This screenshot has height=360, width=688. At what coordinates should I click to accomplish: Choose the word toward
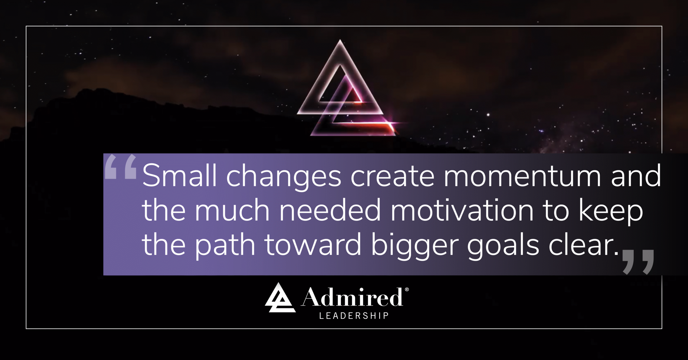coord(313,245)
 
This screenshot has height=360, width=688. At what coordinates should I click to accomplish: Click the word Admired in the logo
coord(352,297)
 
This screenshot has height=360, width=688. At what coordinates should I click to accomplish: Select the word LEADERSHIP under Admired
coord(354,316)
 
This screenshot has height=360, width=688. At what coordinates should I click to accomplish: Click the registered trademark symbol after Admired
coord(407,290)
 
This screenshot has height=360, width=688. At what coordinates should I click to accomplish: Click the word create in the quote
coord(392,176)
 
